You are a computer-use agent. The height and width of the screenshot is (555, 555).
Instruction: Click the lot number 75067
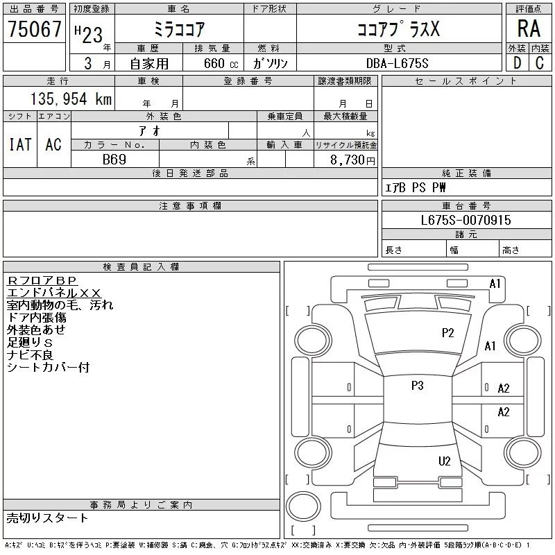tap(34, 28)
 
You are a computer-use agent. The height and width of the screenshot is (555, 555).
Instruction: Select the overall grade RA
tap(529, 28)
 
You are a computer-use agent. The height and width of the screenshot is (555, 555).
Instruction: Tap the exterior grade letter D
tap(517, 63)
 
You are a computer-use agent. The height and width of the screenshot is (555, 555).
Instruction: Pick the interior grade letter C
tap(540, 63)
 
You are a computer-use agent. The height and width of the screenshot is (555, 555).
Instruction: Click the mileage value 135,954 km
tap(71, 99)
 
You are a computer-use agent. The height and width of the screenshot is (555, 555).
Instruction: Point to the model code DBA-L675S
tap(397, 63)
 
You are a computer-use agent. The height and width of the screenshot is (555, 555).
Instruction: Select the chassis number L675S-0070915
tap(466, 220)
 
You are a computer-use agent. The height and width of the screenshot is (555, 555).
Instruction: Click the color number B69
tap(114, 160)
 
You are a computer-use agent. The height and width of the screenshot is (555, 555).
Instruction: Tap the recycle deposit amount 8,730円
tap(352, 160)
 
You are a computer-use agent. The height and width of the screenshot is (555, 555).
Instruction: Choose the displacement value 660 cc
tap(221, 63)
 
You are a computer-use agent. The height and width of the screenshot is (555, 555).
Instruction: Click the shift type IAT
tap(20, 144)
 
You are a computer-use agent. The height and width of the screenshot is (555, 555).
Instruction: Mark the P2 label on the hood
tap(447, 333)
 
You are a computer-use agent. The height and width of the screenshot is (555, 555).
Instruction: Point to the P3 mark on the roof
tap(418, 385)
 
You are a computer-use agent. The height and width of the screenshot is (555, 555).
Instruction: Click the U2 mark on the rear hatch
tap(444, 461)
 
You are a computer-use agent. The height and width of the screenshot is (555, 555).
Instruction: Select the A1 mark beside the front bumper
tap(495, 284)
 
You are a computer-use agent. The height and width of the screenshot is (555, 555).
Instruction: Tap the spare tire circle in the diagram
tap(303, 506)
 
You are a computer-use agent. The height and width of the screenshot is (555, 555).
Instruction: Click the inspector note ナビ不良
tap(30, 355)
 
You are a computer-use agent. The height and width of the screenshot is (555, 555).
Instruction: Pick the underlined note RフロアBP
tap(42, 281)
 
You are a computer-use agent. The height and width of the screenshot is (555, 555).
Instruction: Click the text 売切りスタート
tap(47, 518)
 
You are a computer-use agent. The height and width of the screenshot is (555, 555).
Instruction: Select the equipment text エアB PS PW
tap(415, 187)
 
